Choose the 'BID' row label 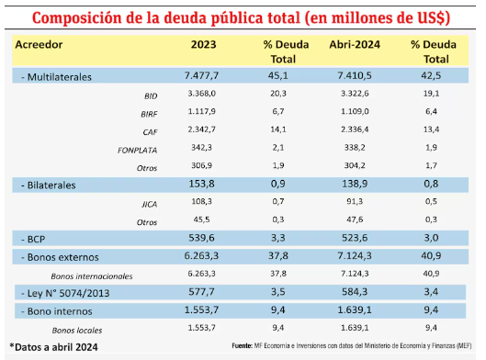click(x=151, y=96)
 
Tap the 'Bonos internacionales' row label click(x=92, y=275)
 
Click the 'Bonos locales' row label click(x=75, y=328)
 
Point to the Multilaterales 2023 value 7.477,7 click(x=202, y=76)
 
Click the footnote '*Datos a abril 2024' click(x=56, y=346)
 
